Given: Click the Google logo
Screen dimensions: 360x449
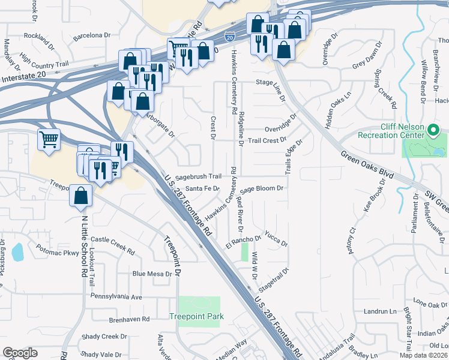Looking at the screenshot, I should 20,353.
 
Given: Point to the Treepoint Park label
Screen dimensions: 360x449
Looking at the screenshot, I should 196,316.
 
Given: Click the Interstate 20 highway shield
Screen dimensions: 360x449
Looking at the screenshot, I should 230,37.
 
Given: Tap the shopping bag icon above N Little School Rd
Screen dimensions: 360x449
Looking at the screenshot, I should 80,195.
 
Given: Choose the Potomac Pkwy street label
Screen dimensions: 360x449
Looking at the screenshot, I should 53,253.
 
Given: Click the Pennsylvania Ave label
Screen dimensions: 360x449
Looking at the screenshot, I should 116,296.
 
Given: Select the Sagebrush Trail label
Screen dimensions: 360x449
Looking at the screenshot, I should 199,176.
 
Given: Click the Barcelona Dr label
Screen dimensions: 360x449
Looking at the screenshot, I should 92,35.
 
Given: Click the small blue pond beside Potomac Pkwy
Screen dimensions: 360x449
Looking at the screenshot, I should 17,251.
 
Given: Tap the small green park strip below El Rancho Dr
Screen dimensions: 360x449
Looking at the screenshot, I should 244,251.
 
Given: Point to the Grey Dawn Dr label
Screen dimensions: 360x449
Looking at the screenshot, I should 367,64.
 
